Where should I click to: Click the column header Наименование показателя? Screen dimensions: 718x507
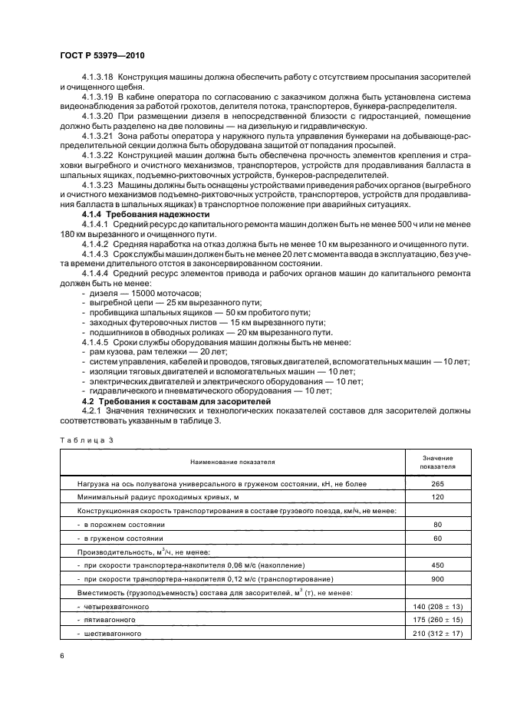pos(229,462)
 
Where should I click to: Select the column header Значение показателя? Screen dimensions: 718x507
pos(437,462)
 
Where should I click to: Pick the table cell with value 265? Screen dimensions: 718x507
pos(437,484)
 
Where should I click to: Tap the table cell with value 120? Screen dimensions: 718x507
pos(437,498)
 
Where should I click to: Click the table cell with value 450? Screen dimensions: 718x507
pos(437,565)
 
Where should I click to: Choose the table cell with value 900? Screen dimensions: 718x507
pos(437,578)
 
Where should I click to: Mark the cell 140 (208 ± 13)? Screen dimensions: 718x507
pos(437,606)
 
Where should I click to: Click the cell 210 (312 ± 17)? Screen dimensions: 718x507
pos(437,633)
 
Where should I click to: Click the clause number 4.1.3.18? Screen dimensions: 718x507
pos(98,78)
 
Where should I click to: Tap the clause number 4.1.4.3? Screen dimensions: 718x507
pos(98,252)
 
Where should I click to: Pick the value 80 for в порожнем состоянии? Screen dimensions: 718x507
pos(437,525)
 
